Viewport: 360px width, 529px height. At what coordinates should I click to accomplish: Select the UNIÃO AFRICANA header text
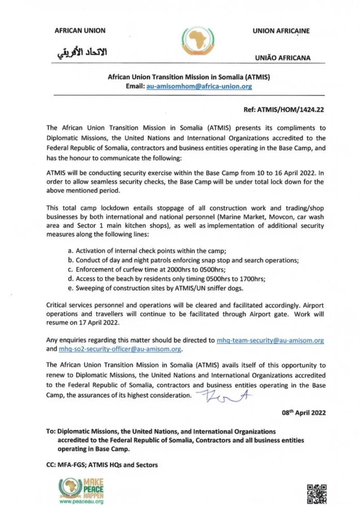pos(282,58)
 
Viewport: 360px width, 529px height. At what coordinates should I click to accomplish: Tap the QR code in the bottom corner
pos(317,494)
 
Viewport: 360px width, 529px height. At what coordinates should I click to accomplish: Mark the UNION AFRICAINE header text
pos(281,31)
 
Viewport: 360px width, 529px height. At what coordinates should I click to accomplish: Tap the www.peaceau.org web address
pos(81,502)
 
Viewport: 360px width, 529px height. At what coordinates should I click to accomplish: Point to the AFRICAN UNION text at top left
pos(80,31)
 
